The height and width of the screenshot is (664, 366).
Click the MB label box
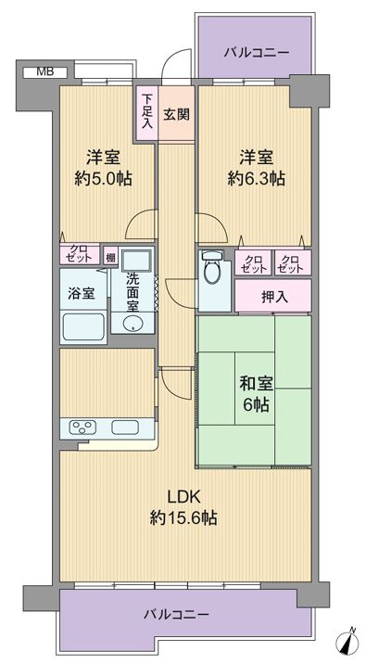tap(44, 72)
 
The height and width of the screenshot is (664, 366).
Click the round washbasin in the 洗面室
tap(133, 324)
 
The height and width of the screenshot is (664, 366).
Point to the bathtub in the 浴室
tap(83, 327)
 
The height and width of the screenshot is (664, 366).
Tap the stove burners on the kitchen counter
tap(84, 428)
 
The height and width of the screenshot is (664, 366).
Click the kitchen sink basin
tap(125, 428)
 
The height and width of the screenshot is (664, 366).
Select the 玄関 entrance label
tap(176, 114)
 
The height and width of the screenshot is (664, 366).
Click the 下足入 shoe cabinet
tap(146, 112)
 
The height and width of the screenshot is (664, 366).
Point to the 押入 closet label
tap(274, 297)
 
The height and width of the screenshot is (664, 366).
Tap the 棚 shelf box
tap(111, 257)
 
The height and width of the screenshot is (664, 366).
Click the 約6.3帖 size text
tap(256, 179)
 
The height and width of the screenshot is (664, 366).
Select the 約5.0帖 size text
tap(103, 179)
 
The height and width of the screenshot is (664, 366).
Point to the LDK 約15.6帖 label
tap(183, 507)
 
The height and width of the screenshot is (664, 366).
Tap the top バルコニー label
tap(257, 53)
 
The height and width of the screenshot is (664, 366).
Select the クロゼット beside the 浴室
tap(80, 254)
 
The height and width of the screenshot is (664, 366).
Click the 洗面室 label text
tap(133, 291)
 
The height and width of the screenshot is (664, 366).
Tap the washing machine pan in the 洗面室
tap(136, 260)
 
